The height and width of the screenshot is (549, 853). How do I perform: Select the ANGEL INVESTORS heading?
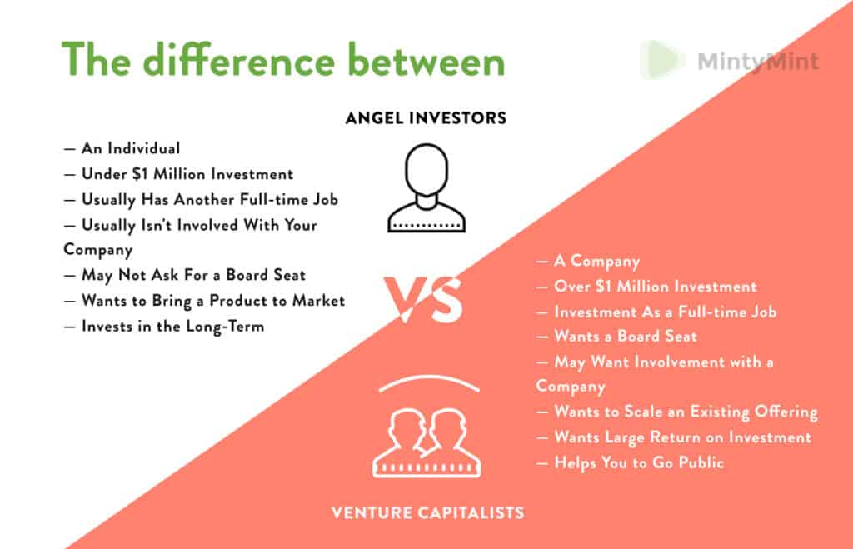(426, 118)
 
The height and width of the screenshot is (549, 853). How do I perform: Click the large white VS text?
(422, 300)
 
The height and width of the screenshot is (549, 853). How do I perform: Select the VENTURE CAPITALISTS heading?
(427, 512)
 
